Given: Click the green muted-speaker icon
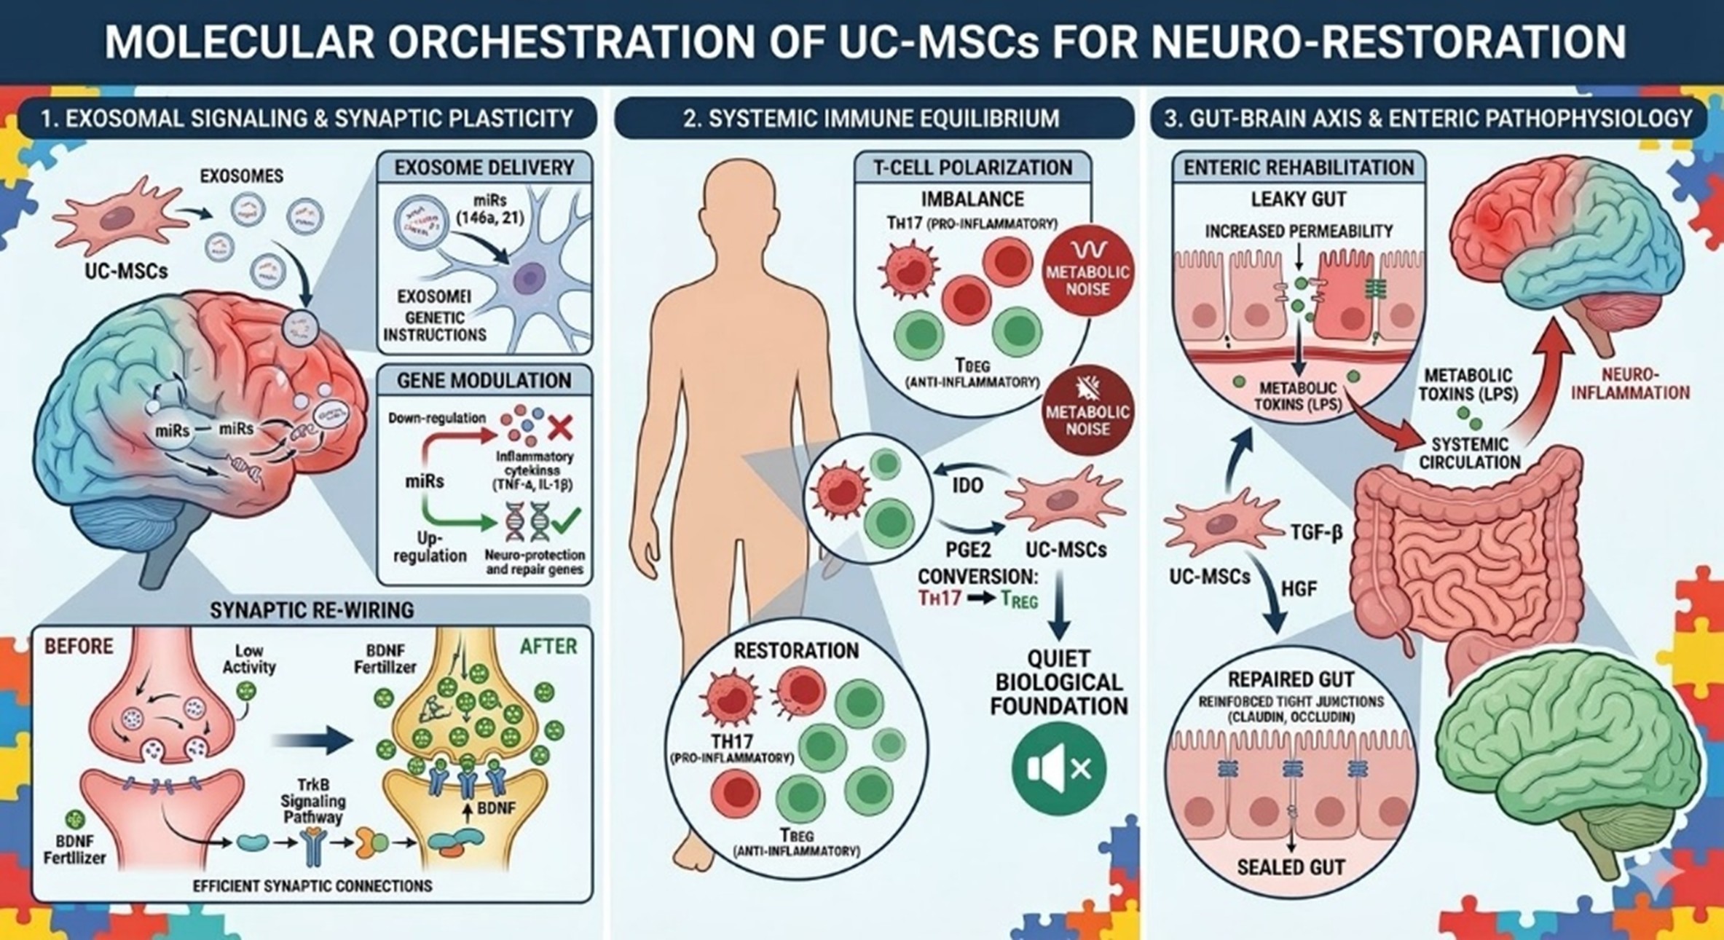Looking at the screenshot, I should click(x=1058, y=768).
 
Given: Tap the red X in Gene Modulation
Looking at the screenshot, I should click(x=559, y=427).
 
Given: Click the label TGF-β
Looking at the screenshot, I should click(x=1316, y=534).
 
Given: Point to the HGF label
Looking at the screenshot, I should click(x=1298, y=588).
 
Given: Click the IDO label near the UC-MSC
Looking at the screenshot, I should click(x=967, y=486).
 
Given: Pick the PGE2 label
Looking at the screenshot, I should click(x=968, y=550).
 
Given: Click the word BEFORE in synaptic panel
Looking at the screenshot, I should click(x=79, y=647).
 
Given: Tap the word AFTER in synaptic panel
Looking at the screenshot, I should click(x=548, y=647).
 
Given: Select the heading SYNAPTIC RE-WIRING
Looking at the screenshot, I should click(x=312, y=610).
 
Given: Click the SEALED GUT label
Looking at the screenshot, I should click(x=1291, y=867).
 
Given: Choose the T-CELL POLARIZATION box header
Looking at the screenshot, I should click(x=972, y=167).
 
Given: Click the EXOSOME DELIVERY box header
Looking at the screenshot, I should click(x=484, y=167).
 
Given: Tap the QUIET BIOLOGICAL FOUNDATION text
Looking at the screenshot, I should click(x=1058, y=682).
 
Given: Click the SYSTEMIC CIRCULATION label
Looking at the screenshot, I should click(x=1469, y=453).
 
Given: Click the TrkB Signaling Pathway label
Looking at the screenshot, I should click(x=313, y=801).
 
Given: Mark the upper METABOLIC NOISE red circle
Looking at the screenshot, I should click(x=1087, y=273).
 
